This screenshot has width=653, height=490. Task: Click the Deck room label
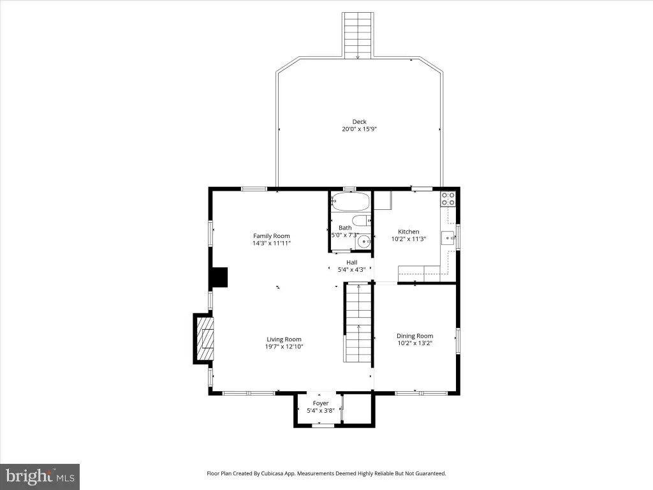point(359,122)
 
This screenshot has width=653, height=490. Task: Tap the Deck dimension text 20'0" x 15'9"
point(360,129)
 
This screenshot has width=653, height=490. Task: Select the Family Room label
point(272,236)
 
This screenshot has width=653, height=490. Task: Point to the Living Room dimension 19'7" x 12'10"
point(284,346)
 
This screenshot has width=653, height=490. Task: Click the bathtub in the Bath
point(350,202)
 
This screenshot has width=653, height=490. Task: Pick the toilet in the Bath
point(361,220)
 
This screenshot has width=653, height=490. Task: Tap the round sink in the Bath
point(364,241)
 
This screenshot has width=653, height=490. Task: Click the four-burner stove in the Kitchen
point(448,199)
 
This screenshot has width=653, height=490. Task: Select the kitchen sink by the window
point(448,238)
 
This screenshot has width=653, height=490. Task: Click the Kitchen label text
point(409,232)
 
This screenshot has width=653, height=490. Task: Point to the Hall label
point(352,262)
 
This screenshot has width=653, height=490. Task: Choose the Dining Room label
point(415,336)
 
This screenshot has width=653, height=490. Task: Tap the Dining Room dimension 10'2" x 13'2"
point(415,343)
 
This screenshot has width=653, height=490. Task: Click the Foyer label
point(321,403)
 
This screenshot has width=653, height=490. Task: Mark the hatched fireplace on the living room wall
point(203,339)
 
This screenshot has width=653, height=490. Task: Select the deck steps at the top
point(358,36)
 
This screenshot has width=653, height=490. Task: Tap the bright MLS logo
point(40,476)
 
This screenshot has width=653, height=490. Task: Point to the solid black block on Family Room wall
point(220,277)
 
